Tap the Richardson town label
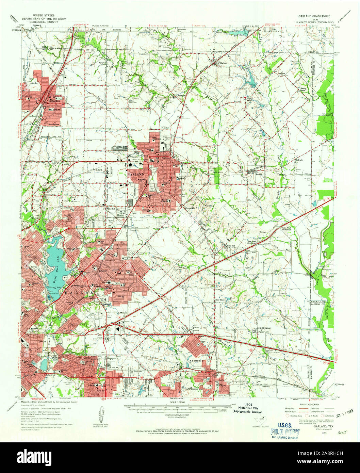(x=54, y=101)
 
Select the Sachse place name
(x=223, y=63)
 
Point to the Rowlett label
(x=260, y=174)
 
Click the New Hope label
(x=220, y=300)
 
